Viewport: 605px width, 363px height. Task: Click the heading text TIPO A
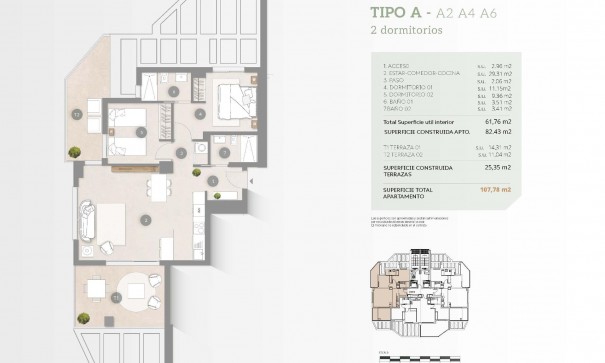tap(399, 14)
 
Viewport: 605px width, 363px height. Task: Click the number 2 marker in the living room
tap(146, 219)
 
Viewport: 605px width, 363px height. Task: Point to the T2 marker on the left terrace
tap(77, 113)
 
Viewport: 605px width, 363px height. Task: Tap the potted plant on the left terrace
tap(73, 152)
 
